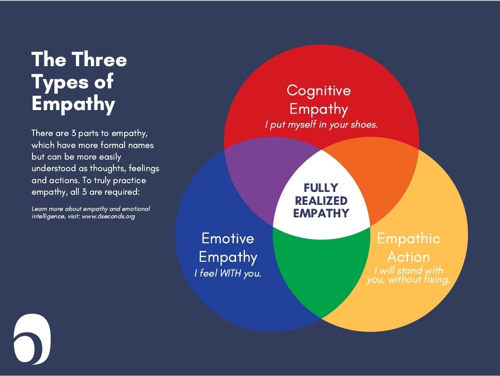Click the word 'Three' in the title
click(x=99, y=60)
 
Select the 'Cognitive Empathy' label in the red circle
click(x=319, y=99)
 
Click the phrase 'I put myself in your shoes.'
click(x=322, y=125)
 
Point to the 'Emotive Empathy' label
click(x=228, y=247)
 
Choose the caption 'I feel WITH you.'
click(x=228, y=273)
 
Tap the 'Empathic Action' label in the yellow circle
click(x=408, y=247)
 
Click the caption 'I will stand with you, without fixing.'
click(x=408, y=275)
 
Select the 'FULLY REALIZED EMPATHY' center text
click(x=321, y=200)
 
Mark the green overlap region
click(x=320, y=268)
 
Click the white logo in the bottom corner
click(x=32, y=339)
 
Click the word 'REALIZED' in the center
click(x=321, y=201)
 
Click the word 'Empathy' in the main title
click(x=73, y=104)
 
